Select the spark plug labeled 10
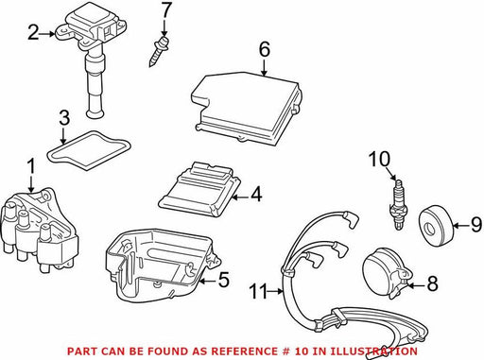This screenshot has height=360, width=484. [x=398, y=204]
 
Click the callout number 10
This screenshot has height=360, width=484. [x=379, y=159]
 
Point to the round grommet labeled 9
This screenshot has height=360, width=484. [x=436, y=225]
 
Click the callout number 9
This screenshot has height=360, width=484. [x=475, y=225]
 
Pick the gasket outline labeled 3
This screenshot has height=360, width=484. [x=89, y=150]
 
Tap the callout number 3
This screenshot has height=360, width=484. [x=64, y=119]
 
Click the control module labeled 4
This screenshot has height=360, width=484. [x=200, y=190]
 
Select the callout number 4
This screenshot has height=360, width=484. [x=256, y=194]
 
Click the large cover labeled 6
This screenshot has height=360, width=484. [x=246, y=110]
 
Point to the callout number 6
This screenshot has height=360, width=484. [x=265, y=49]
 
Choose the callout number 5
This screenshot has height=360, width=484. [x=224, y=280]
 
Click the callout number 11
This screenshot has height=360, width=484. [x=258, y=291]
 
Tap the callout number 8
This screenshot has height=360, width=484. [x=432, y=283]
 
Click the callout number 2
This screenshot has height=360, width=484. [x=34, y=33]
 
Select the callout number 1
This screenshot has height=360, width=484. [x=31, y=166]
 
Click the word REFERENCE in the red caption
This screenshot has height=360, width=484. [x=240, y=351]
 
